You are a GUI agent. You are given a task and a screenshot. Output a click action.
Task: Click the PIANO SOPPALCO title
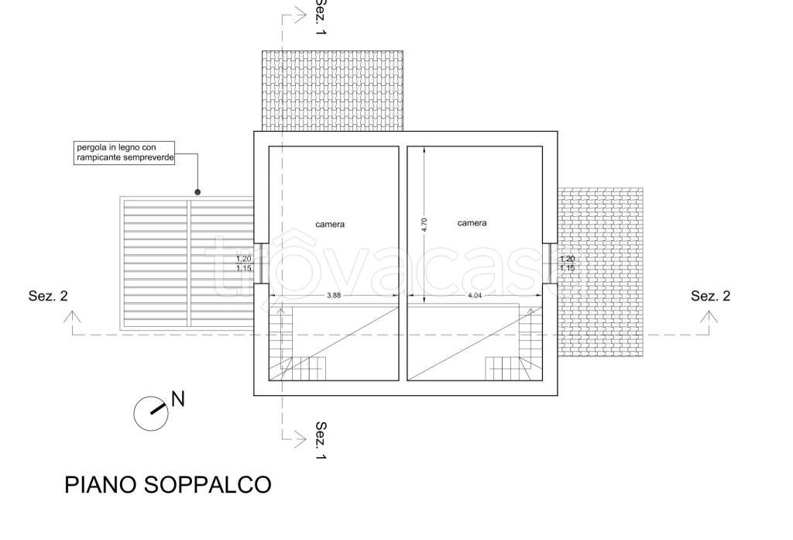(x=167, y=485)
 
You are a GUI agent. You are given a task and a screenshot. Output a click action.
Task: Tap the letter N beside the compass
(x=178, y=399)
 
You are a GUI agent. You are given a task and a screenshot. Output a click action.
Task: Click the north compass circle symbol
(x=151, y=414)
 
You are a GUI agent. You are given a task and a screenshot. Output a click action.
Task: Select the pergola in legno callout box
(x=125, y=153)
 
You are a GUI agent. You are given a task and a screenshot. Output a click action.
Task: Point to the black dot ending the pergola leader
(x=197, y=192)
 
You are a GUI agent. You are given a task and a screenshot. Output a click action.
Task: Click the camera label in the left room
(x=330, y=224)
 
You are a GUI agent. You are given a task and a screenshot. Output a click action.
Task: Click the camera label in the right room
(x=472, y=222)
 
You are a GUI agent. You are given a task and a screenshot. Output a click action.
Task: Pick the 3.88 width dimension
(x=333, y=295)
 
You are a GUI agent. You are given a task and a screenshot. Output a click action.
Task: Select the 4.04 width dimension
(x=475, y=295)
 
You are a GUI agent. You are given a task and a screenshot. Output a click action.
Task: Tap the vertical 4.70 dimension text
(x=424, y=225)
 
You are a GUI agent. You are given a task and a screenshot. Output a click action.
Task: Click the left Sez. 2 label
(x=48, y=296)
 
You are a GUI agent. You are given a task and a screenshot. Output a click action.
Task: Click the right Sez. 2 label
(x=711, y=296)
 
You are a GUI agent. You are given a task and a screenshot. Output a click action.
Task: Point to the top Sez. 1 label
(x=320, y=16)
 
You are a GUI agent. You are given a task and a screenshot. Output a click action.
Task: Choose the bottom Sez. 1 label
(x=320, y=440)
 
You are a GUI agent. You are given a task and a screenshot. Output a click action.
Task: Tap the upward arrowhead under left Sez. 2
(x=72, y=316)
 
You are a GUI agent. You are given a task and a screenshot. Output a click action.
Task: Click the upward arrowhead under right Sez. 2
(x=709, y=316)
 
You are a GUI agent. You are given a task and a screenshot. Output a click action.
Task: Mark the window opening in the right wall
(x=550, y=263)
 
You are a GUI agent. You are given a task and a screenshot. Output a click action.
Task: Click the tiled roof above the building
(x=332, y=91)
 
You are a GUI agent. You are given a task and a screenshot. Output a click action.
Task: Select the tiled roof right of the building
(x=600, y=272)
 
